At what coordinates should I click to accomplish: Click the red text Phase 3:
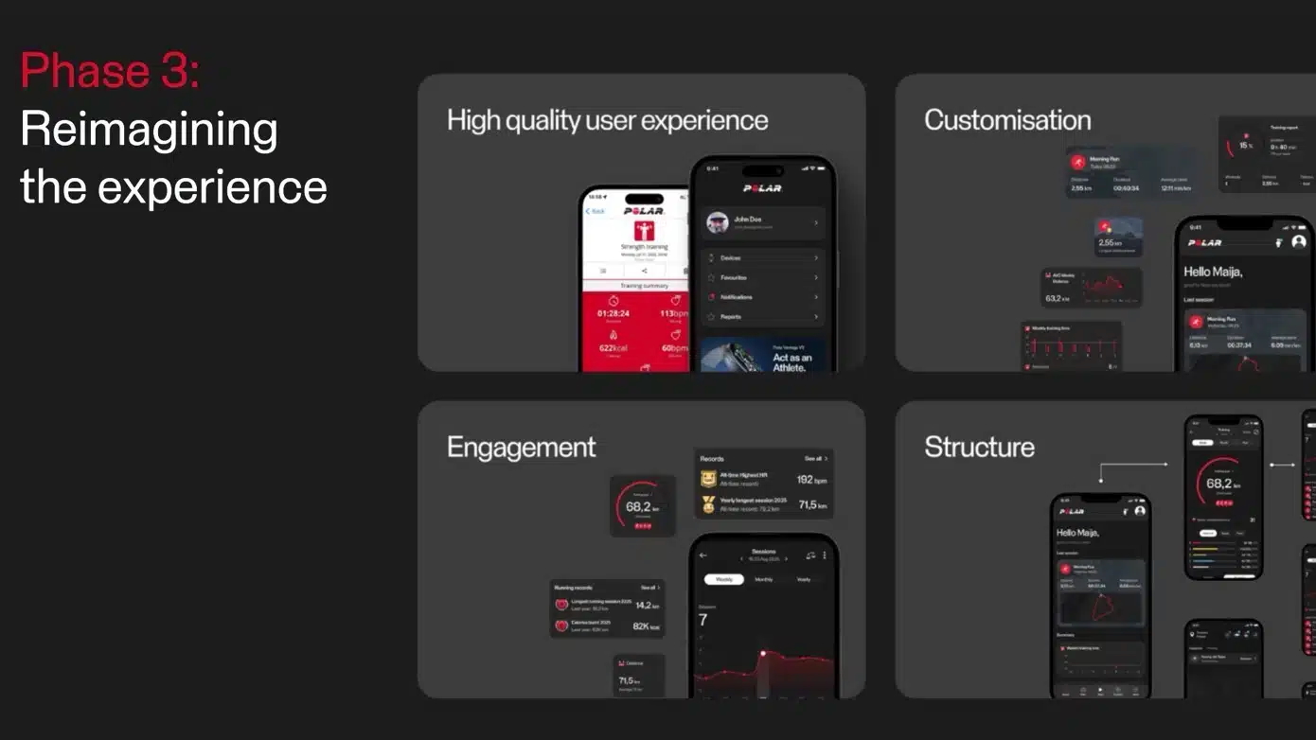coord(110,71)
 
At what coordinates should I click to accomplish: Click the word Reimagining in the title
coord(149,129)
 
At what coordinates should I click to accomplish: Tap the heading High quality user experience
coord(607,120)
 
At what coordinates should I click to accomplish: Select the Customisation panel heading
coord(1007,120)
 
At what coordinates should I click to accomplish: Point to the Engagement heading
coord(521,447)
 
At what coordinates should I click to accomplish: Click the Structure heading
coord(979,447)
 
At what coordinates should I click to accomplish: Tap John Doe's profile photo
coord(717,222)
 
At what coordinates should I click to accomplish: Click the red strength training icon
coord(644,232)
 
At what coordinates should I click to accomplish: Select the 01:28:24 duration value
coord(613,313)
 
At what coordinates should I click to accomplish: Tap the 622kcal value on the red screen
coord(613,348)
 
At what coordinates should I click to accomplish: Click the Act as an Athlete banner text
coord(791,362)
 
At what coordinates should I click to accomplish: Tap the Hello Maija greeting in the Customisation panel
coord(1212,272)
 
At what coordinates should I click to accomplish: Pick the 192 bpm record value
coord(811,480)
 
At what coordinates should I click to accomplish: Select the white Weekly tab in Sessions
coord(724,579)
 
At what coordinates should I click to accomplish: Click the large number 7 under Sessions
coord(702,620)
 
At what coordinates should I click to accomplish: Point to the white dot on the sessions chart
coord(762,653)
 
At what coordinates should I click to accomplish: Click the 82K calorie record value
coord(647,626)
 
